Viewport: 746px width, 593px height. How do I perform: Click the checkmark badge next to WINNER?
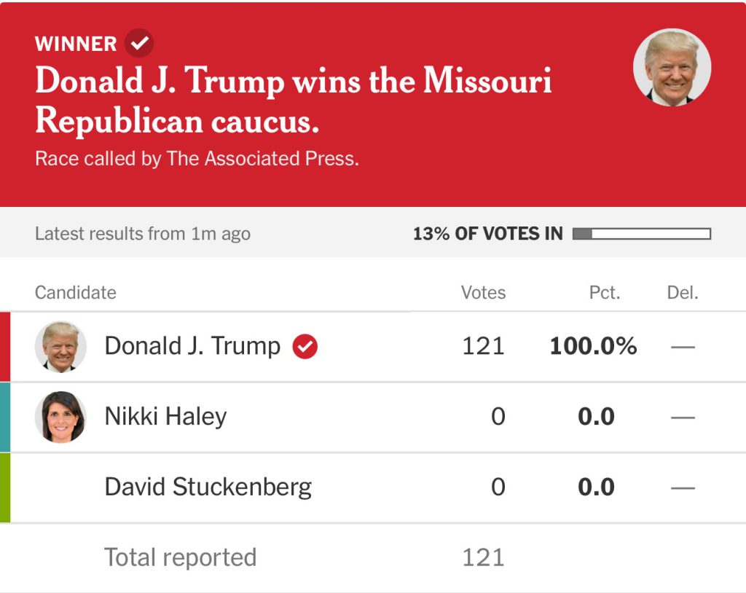coord(138,43)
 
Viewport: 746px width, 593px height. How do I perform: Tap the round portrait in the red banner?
coord(672,68)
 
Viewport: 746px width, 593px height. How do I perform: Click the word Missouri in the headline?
coord(487,81)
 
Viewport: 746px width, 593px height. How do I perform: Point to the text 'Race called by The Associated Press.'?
coord(197,159)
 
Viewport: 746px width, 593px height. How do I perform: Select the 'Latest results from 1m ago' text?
coord(143,234)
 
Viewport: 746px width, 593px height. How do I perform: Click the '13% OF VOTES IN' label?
coord(487,234)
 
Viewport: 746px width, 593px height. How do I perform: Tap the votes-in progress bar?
coord(641,234)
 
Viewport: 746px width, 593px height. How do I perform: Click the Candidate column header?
coord(76,293)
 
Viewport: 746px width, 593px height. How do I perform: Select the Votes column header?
coord(483,293)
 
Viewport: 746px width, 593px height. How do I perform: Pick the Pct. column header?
coord(605,293)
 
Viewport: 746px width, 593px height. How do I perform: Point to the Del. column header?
coord(683,293)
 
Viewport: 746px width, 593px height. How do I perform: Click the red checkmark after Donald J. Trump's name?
coord(305,347)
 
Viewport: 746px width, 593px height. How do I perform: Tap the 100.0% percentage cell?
coord(593,346)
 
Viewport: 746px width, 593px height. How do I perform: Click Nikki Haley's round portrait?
coord(60,417)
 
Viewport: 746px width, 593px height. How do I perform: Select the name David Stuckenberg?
coord(208,487)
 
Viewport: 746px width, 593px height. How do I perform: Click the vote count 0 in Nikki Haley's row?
coord(498,417)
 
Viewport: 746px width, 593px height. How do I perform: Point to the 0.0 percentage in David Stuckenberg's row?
coord(596,487)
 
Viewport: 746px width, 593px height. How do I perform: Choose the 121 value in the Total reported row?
coord(483,557)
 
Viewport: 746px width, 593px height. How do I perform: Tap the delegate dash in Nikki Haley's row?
coord(683,417)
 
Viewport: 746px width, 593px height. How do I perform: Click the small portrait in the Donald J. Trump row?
coord(60,347)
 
